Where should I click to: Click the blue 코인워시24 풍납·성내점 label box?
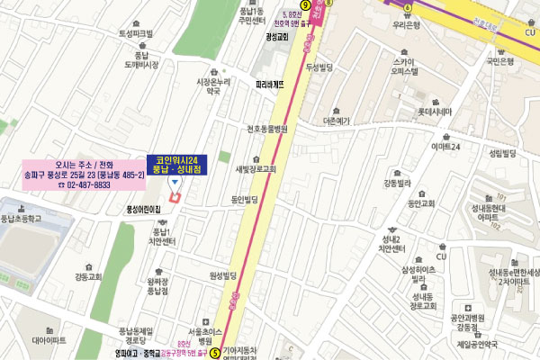tap(176, 165)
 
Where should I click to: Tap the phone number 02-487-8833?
tap(85, 184)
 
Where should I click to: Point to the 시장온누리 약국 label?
tap(212, 86)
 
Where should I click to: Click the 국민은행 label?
tap(499, 61)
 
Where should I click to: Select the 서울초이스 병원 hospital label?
tap(211, 335)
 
